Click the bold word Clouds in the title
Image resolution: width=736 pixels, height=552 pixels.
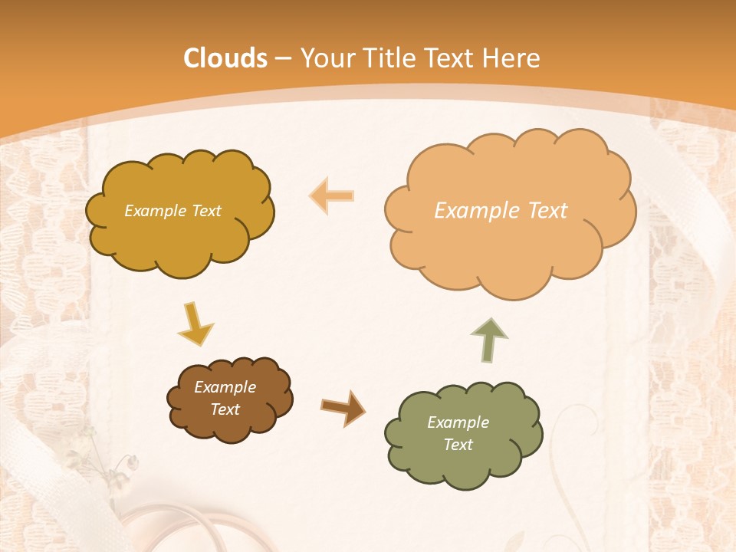(225, 58)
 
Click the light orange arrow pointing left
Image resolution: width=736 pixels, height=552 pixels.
(332, 195)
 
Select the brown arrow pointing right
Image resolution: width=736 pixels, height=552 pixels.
(343, 407)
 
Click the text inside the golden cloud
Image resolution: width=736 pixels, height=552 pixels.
(172, 211)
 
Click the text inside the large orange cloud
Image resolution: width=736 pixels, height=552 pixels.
(501, 211)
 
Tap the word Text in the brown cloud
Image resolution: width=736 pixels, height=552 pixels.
(225, 409)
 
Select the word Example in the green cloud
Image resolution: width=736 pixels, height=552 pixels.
(458, 422)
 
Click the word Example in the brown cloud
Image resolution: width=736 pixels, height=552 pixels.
(225, 387)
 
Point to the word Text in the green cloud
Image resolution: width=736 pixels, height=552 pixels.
(458, 445)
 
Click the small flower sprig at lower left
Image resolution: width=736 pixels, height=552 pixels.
(115, 460)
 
